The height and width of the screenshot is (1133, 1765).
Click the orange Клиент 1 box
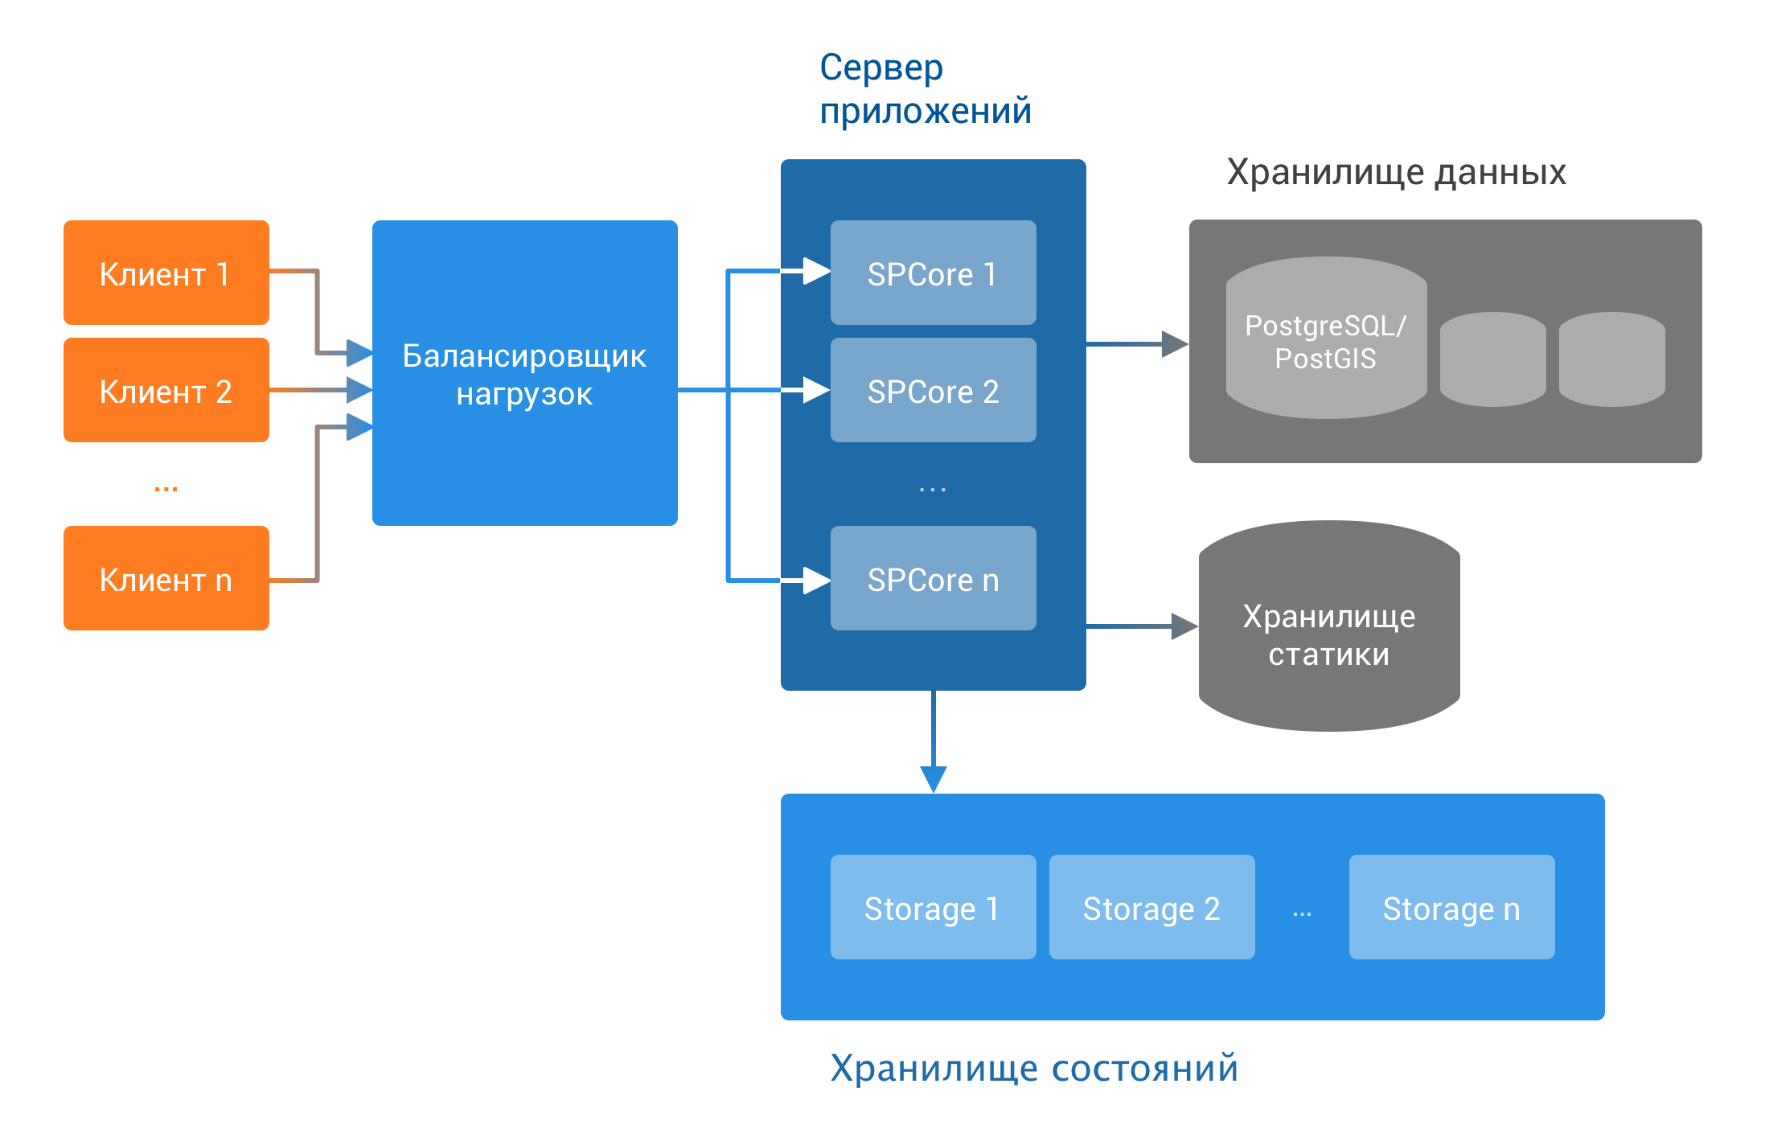(166, 273)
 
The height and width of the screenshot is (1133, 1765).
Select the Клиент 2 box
(166, 391)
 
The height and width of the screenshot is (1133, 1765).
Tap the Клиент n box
(166, 579)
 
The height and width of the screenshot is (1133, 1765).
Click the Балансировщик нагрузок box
(524, 374)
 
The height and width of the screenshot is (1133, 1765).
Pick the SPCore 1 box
(933, 273)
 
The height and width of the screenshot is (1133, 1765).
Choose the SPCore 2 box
(933, 391)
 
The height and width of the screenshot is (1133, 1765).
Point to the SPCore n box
(933, 579)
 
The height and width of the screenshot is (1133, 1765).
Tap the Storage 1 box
(933, 908)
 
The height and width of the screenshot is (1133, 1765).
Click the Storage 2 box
(1151, 908)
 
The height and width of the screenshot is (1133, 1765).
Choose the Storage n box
(1451, 908)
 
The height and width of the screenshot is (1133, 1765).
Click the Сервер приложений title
(925, 88)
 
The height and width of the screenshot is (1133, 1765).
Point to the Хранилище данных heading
(1397, 172)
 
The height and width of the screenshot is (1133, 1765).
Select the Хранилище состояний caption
(1033, 1069)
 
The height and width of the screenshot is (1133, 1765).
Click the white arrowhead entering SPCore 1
(815, 271)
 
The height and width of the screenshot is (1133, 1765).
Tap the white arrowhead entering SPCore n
(815, 580)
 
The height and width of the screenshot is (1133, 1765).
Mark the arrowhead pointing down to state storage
(933, 779)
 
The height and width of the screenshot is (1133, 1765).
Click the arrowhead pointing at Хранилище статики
(1184, 626)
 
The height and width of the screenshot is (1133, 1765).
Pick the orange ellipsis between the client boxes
(166, 488)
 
